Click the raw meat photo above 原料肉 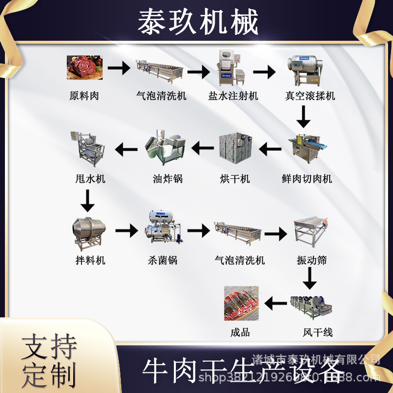[x=84, y=68]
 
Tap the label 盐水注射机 [x=233, y=96]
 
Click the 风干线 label [x=318, y=333]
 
